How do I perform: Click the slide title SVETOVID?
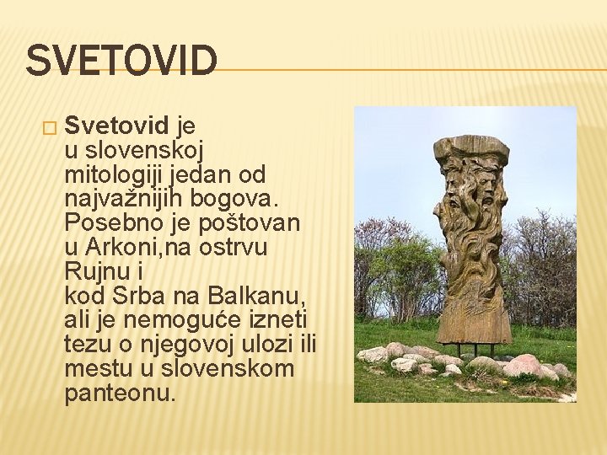point(121,62)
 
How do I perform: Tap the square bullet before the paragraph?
point(49,128)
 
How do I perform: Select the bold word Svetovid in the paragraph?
point(117,126)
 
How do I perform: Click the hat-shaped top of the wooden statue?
point(471,150)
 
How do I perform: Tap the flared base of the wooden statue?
point(473,324)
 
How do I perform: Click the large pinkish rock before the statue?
point(524,365)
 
